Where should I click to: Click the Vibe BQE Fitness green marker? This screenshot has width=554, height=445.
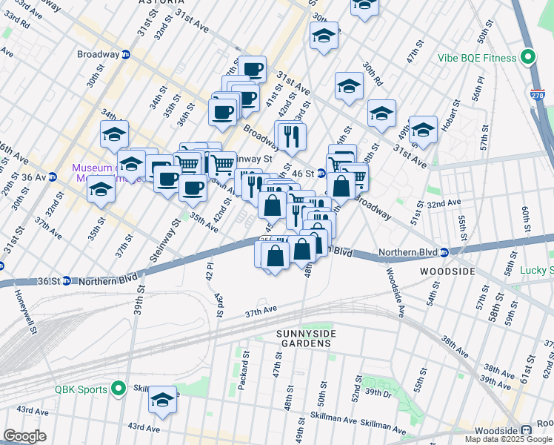click(528, 56)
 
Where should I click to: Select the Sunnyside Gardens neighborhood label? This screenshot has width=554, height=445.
click(307, 339)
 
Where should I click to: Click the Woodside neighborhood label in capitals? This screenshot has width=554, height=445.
click(447, 272)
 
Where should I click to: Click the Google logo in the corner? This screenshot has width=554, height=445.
click(24, 436)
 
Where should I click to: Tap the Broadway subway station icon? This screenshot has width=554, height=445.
click(126, 54)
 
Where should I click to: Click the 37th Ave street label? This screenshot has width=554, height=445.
click(261, 310)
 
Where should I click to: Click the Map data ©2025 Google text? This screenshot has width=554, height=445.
click(509, 439)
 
